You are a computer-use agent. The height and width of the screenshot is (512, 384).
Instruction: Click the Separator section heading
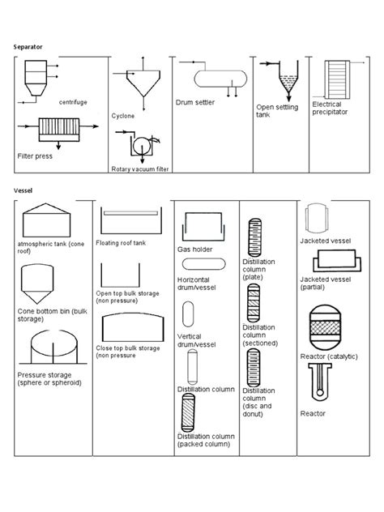click(x=30, y=48)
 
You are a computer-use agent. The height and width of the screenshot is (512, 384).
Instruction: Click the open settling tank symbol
click(x=286, y=82)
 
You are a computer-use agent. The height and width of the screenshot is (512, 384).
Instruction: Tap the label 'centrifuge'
click(x=73, y=102)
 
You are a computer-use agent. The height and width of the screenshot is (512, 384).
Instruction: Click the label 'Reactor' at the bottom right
click(x=313, y=413)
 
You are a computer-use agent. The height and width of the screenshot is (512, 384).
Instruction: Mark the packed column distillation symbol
click(x=193, y=413)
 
